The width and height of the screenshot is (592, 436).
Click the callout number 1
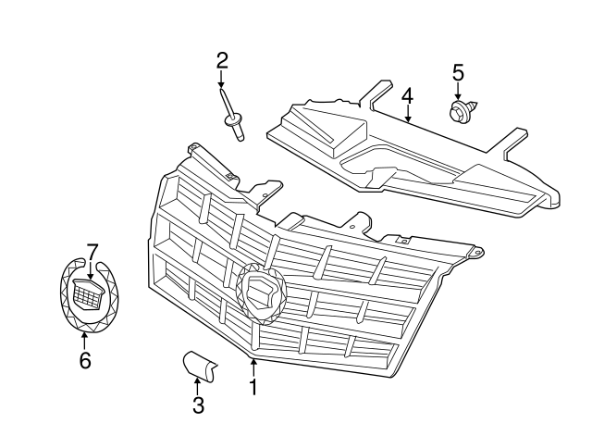tap(253, 387)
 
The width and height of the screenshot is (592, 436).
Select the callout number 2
tap(222, 62)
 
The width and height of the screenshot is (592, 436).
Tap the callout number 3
tap(198, 405)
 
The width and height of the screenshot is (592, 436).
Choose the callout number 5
tap(457, 71)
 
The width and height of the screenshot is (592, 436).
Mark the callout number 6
tap(84, 360)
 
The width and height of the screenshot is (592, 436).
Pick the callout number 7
tap(92, 251)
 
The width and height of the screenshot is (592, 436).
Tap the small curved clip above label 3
tap(199, 366)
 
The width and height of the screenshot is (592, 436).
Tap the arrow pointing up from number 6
tap(84, 339)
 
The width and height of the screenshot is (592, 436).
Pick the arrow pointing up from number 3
tap(198, 383)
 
